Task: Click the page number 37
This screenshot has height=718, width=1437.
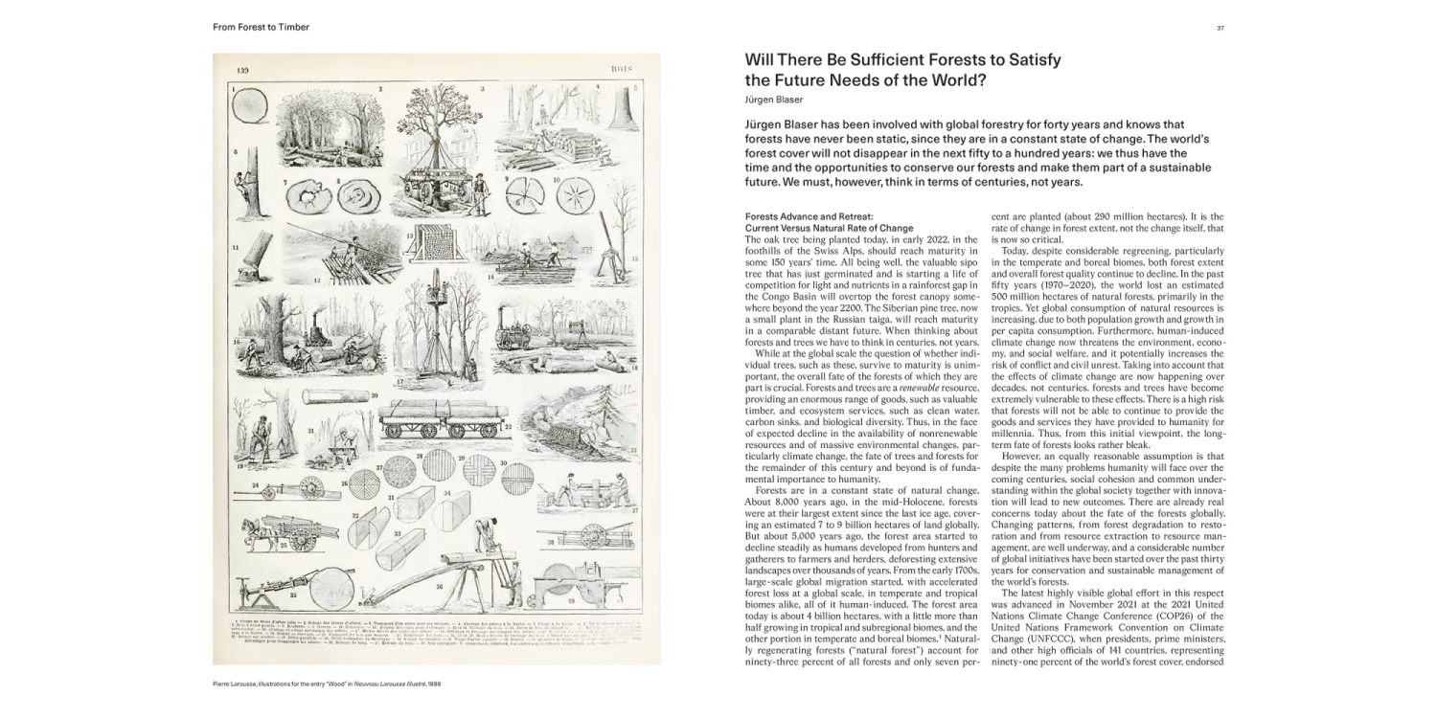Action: [x=1220, y=28]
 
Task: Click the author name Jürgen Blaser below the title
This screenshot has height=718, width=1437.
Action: [x=772, y=100]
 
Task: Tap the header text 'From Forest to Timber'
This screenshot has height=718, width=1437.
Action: [x=261, y=28]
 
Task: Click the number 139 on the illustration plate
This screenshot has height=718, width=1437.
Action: [x=243, y=71]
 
